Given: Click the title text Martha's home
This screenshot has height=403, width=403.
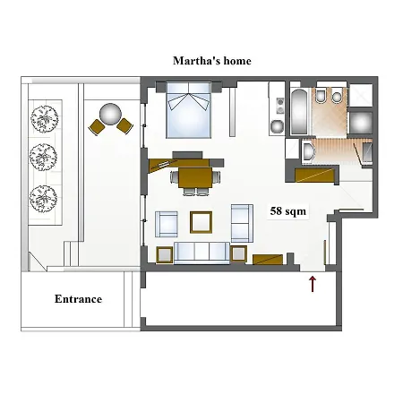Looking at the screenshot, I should click(x=211, y=61).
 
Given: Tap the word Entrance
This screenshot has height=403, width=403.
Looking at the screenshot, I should click(x=78, y=299).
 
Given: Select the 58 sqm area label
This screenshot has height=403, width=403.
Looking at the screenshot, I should click(x=287, y=212).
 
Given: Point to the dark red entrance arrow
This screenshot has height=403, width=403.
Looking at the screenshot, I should click(x=313, y=285).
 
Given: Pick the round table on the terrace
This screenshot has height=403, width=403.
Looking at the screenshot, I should click(x=110, y=114).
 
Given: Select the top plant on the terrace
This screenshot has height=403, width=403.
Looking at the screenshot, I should click(x=42, y=117).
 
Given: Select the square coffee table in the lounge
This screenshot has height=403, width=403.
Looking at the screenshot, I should click(x=201, y=221).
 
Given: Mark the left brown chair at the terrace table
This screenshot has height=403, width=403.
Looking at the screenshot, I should click(x=96, y=127).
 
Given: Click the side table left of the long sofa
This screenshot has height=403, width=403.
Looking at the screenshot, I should click(x=164, y=254).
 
